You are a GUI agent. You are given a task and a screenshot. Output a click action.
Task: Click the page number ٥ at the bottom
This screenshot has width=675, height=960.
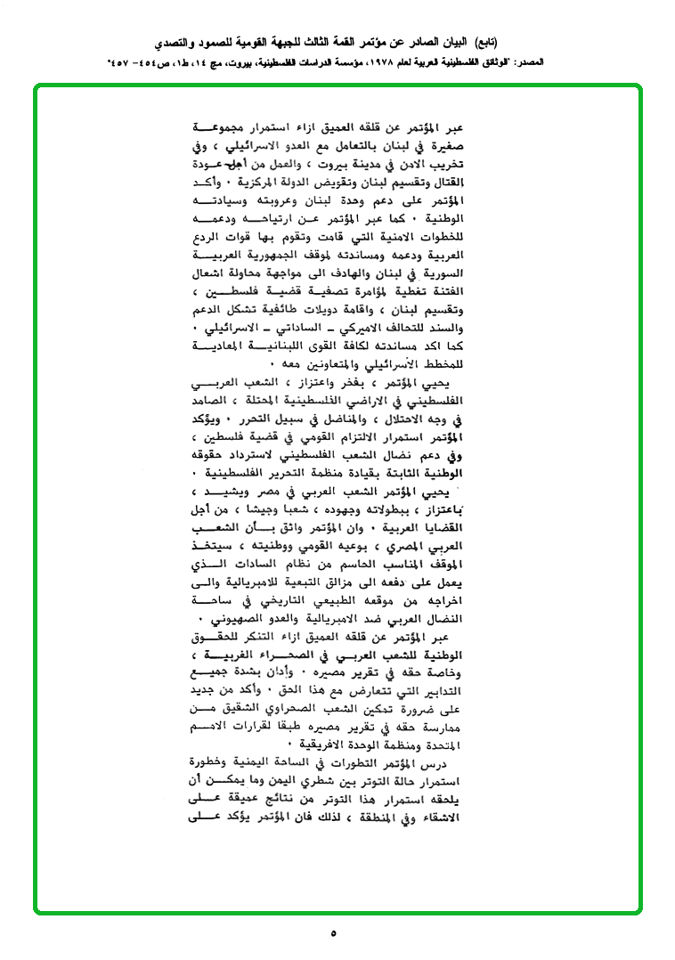(x=334, y=933)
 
